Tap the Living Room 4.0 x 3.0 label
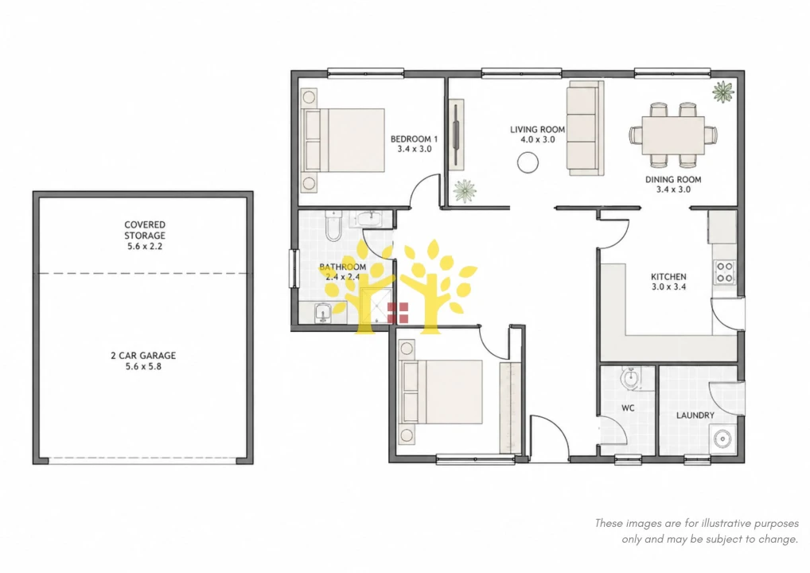point(537,134)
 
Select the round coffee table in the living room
point(528,163)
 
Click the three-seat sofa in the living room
point(586,128)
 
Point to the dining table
point(673,134)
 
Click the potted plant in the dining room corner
point(722,92)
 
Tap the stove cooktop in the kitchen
point(724,272)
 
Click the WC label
point(628,408)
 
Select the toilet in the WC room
point(630,380)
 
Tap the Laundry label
point(695,415)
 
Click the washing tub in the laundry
point(722,439)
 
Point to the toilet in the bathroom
point(333,226)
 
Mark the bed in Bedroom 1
point(343,140)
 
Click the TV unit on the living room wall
point(456,134)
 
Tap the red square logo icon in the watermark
point(398,313)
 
